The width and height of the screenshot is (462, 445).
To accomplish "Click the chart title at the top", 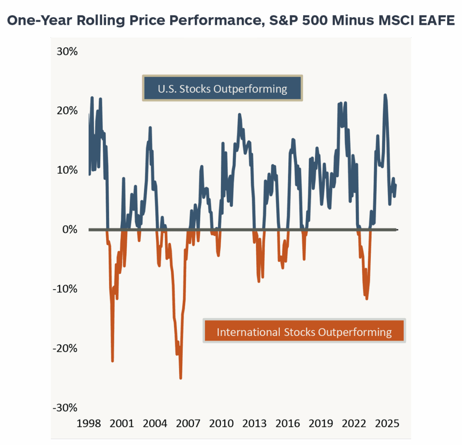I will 231,21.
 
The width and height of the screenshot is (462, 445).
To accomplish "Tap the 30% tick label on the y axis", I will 67,51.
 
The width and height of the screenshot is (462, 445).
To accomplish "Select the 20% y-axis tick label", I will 67,111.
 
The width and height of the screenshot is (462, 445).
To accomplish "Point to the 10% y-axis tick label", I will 67,170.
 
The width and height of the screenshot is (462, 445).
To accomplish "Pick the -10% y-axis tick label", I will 65,289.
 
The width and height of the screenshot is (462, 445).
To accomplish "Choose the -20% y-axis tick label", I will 65,348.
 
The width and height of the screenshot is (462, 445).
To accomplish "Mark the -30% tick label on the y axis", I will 65,408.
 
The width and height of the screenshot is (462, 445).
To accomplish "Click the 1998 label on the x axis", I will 89,424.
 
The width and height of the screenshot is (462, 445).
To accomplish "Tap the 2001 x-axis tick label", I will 122,424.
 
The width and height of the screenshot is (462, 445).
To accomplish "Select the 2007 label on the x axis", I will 188,424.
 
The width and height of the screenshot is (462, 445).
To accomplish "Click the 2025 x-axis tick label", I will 387,424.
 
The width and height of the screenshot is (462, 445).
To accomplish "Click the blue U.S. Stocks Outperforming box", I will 222,88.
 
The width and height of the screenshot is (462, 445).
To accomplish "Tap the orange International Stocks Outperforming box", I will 304,332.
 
